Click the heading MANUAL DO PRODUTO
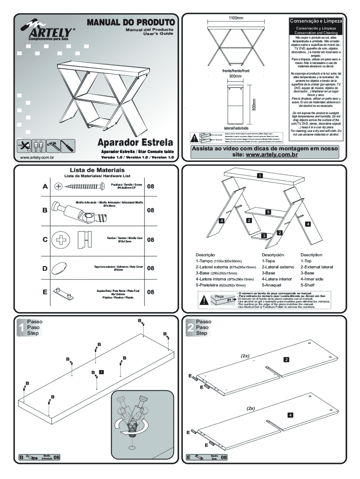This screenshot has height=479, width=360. pyautogui.click(x=130, y=22)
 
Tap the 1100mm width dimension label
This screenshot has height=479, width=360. pyautogui.click(x=236, y=18)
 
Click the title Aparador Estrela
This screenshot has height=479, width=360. pyautogui.click(x=135, y=142)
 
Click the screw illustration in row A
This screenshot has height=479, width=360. pyautogui.click(x=82, y=186)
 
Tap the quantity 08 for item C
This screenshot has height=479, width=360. pyautogui.click(x=151, y=240)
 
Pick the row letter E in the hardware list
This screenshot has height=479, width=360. pyautogui.click(x=45, y=292)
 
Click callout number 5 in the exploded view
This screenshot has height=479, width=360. pyautogui.click(x=268, y=212)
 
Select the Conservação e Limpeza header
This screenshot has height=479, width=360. pyautogui.click(x=317, y=21)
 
